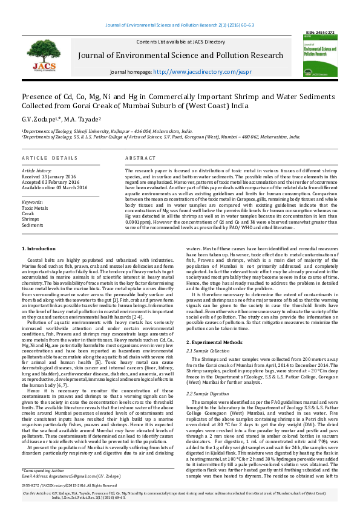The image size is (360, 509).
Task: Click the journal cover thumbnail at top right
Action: click(321, 60)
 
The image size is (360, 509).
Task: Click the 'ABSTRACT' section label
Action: click(140, 158)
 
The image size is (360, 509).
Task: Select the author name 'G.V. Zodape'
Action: click(39, 119)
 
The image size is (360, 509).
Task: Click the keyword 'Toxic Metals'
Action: click(35, 208)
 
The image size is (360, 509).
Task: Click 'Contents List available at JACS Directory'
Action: click(173, 41)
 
